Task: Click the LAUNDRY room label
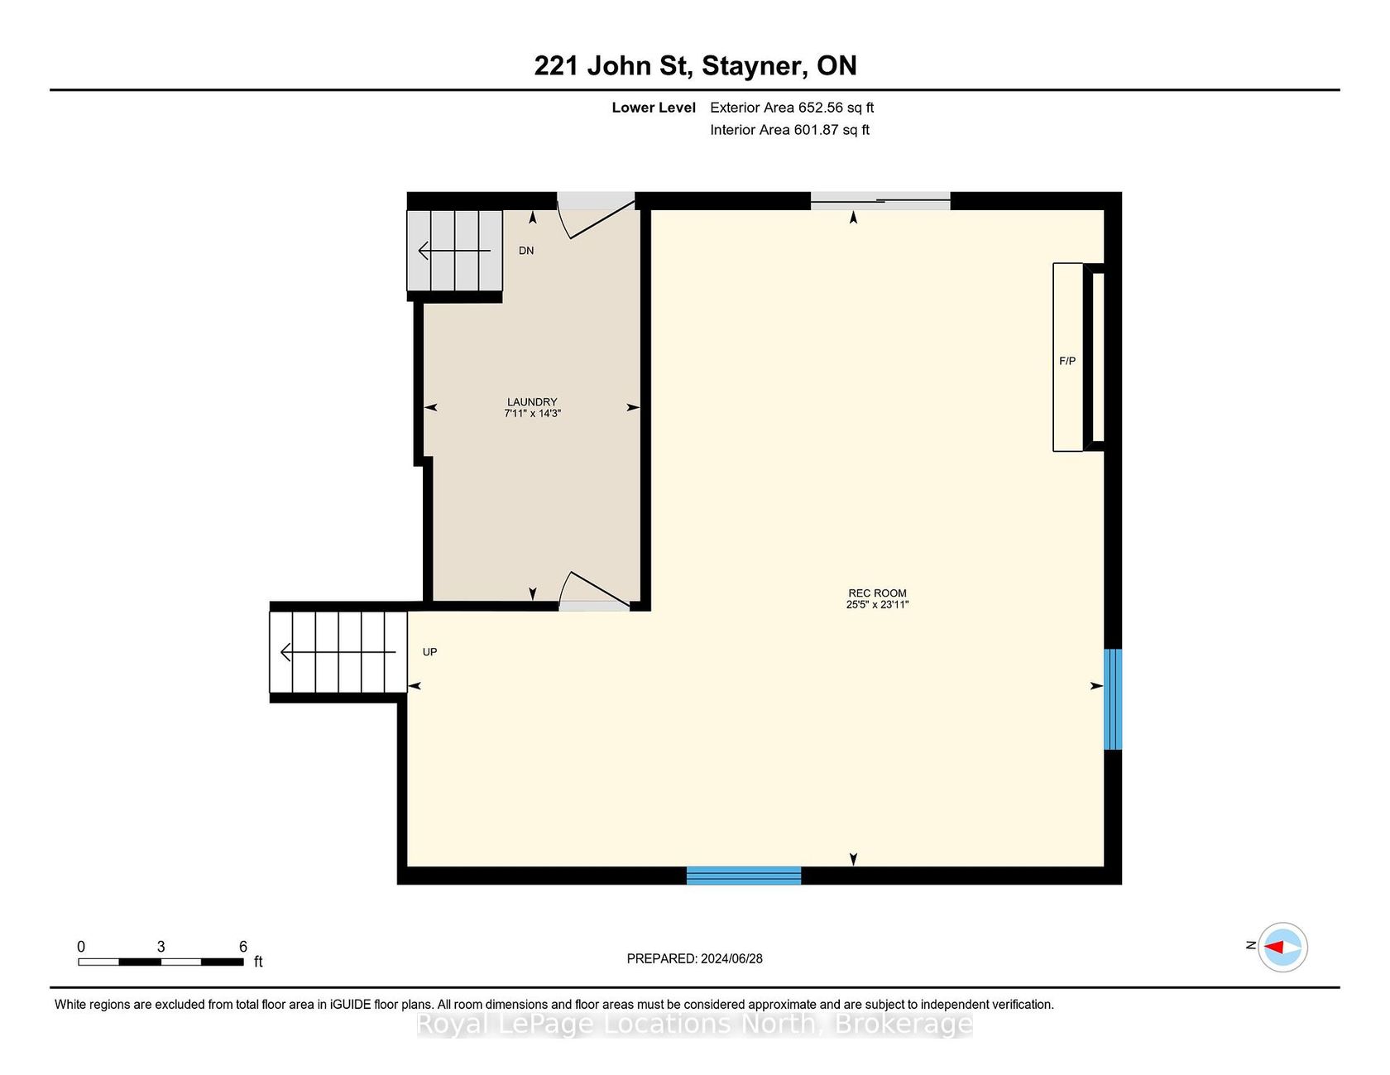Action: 532,402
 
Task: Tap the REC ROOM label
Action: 877,593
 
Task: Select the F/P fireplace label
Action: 1067,361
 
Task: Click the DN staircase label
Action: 526,251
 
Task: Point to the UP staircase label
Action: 430,652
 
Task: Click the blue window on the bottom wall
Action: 744,876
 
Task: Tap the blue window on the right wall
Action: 1114,699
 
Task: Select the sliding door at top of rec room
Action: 880,200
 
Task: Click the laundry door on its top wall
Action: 596,214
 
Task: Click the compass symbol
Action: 1282,947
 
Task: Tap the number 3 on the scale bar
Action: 161,947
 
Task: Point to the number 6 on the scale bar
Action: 243,947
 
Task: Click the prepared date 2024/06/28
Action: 731,958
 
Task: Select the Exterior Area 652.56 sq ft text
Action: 792,108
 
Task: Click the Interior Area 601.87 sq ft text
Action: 789,130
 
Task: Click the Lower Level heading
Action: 654,108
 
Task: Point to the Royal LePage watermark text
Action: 694,1024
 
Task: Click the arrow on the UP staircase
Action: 339,652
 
